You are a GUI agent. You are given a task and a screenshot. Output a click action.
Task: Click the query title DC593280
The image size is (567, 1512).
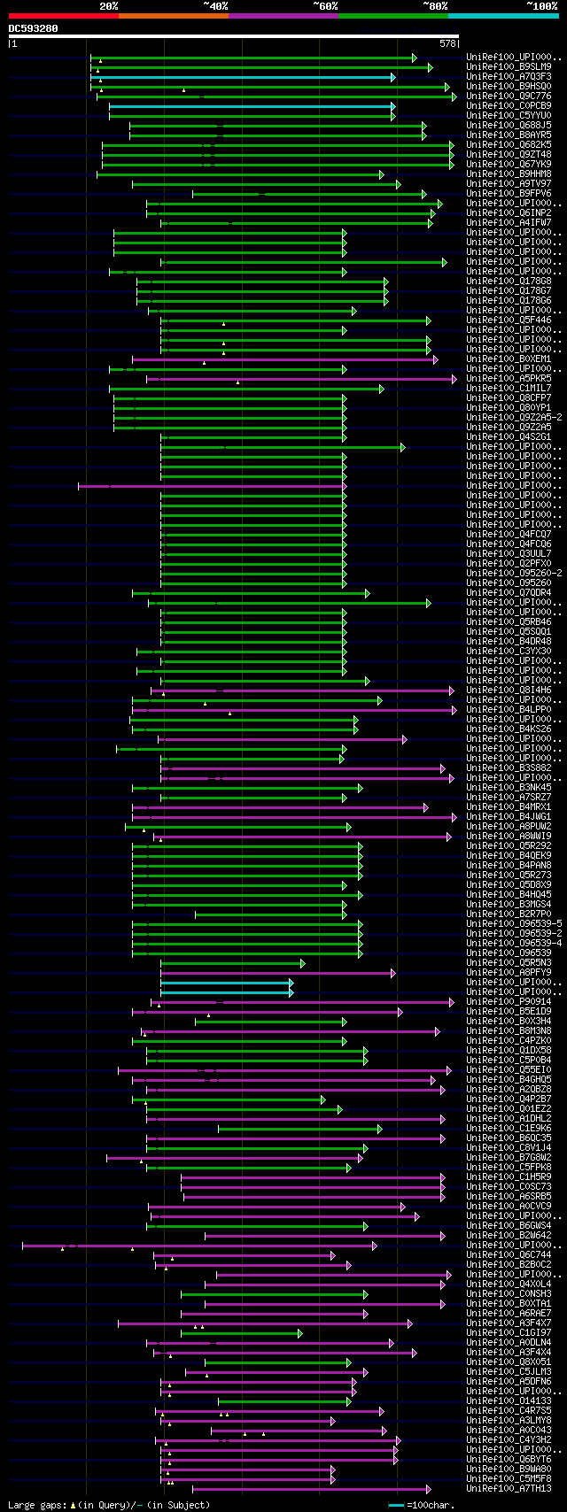[34, 28]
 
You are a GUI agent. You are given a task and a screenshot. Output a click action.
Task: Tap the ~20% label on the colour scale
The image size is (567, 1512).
[108, 6]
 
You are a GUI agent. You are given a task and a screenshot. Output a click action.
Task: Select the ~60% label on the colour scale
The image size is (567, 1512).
[325, 6]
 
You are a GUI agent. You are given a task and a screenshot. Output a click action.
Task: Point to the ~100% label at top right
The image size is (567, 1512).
[541, 6]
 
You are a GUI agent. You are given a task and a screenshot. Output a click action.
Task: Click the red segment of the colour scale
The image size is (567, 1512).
[63, 16]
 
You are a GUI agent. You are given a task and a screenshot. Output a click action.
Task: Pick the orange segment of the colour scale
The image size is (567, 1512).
[173, 16]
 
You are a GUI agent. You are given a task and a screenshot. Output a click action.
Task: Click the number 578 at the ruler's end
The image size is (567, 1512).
[447, 42]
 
